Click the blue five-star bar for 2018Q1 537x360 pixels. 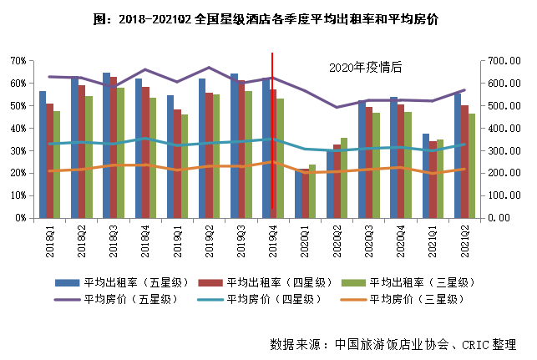(43, 155)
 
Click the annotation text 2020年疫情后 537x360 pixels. (366, 67)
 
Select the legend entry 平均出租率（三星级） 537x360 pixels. (414, 281)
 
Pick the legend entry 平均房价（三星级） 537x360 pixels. (414, 298)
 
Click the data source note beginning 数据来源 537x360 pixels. (393, 343)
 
